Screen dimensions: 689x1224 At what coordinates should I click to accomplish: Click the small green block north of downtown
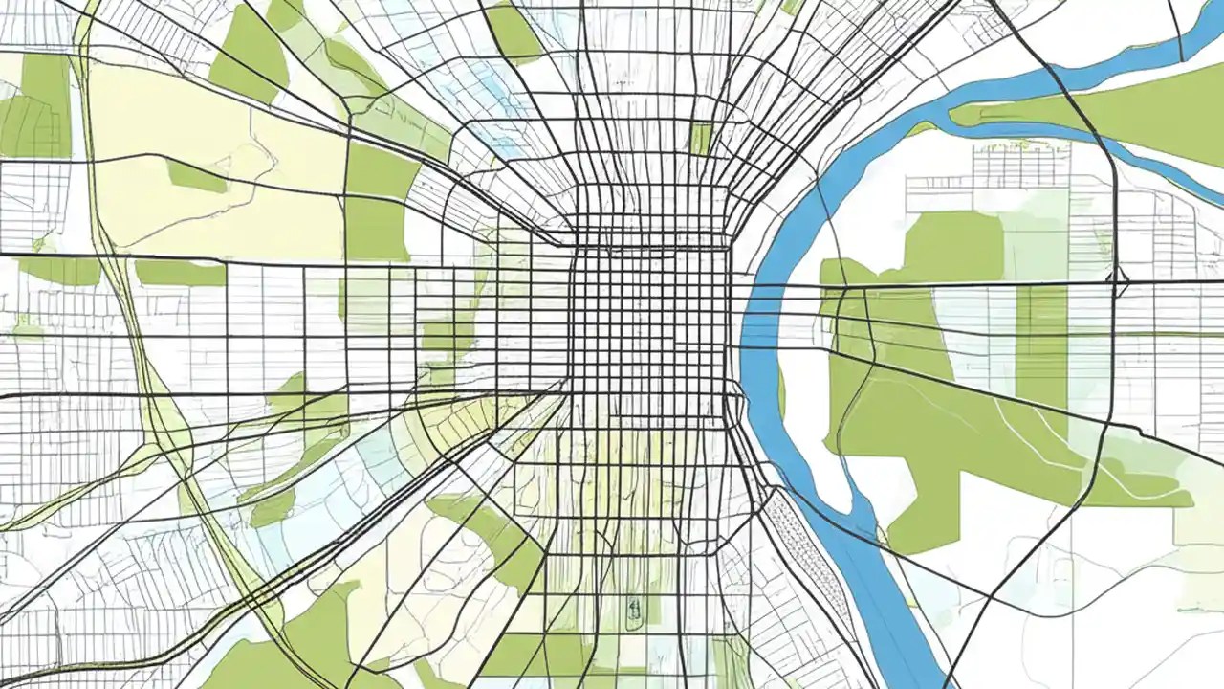pos(701,139)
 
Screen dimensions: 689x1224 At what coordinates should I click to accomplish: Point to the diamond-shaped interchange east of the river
pos(1120,283)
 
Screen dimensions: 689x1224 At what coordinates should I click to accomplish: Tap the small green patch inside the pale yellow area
pos(195,176)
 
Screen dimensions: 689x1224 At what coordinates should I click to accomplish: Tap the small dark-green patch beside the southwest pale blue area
pos(272,507)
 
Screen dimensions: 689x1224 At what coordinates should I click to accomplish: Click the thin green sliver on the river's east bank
pos(781,392)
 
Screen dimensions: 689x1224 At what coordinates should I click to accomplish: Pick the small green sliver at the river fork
pos(922,128)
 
